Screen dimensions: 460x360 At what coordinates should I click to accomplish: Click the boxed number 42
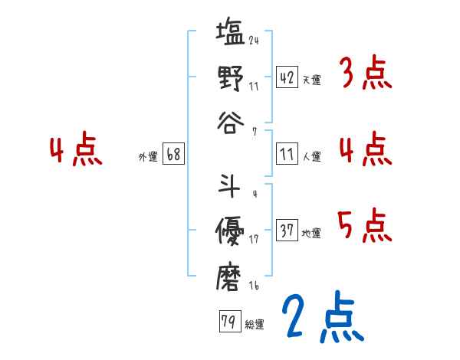[287, 77]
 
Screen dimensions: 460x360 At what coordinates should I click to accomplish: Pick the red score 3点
[365, 75]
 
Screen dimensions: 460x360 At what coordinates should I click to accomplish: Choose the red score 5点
[365, 226]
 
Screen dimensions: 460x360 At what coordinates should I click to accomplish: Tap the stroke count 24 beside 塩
[254, 40]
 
